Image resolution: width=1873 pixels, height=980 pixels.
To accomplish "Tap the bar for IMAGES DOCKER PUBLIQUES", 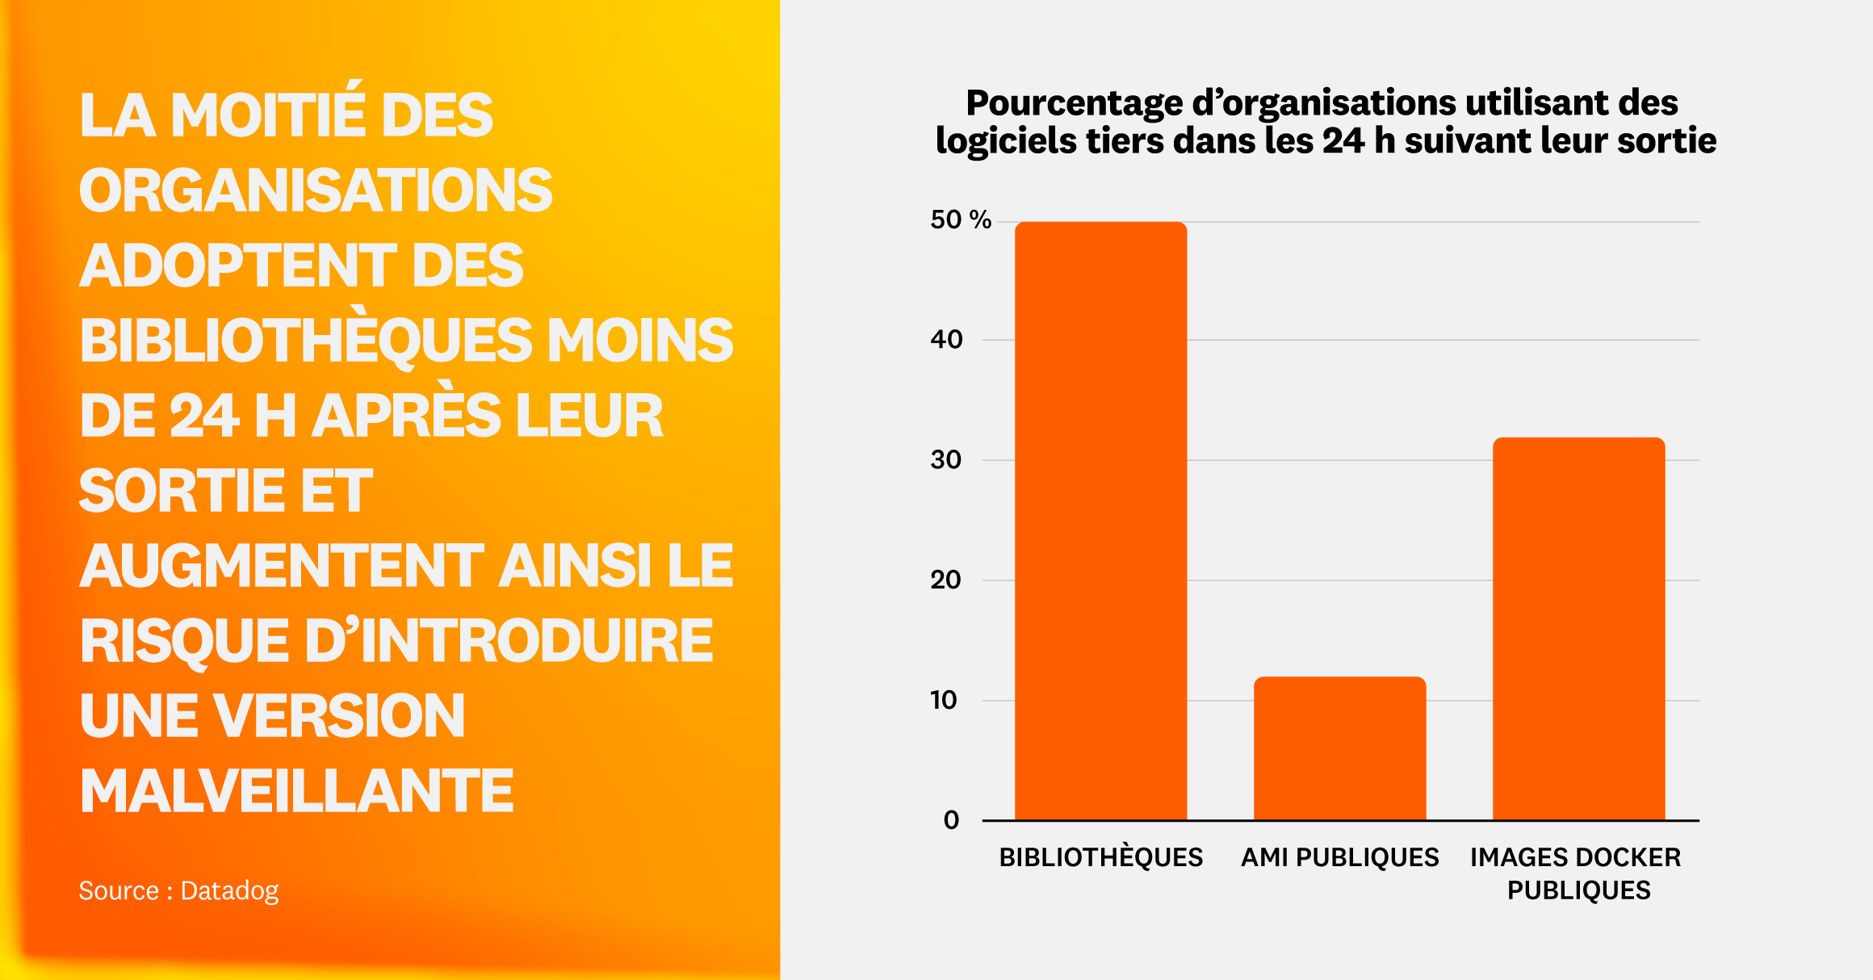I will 1578,629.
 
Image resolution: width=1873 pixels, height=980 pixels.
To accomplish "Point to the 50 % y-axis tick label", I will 960,220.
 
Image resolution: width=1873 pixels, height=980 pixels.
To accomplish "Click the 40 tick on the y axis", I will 946,340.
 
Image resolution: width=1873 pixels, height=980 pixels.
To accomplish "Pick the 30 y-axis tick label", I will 946,460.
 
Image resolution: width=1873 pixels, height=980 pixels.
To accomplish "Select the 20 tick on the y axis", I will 946,580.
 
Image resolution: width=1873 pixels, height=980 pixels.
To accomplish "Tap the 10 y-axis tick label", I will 944,700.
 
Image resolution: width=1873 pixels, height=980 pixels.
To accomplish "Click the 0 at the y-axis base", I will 951,820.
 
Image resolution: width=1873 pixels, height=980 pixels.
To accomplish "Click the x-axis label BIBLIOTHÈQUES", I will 1100,857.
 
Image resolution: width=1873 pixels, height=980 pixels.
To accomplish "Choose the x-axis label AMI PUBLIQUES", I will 1339,857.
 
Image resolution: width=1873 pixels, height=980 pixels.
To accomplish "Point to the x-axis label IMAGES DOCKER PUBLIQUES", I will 1576,873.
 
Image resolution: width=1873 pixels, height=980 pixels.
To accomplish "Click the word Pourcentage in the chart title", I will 1074,103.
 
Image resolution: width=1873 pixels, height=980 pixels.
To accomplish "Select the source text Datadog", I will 229,890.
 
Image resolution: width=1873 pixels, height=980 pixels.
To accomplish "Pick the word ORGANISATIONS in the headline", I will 316,191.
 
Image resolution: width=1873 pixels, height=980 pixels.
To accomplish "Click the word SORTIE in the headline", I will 182,491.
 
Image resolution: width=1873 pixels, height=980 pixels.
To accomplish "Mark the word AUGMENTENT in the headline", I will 282,565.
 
